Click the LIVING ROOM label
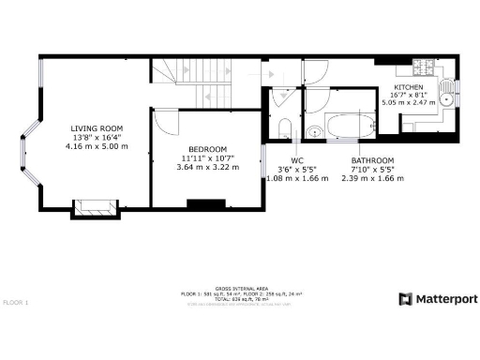coord(97,128)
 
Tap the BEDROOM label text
coord(207,149)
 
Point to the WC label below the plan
coord(296,160)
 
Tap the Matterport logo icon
coord(405,299)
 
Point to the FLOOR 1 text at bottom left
coord(16,303)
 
